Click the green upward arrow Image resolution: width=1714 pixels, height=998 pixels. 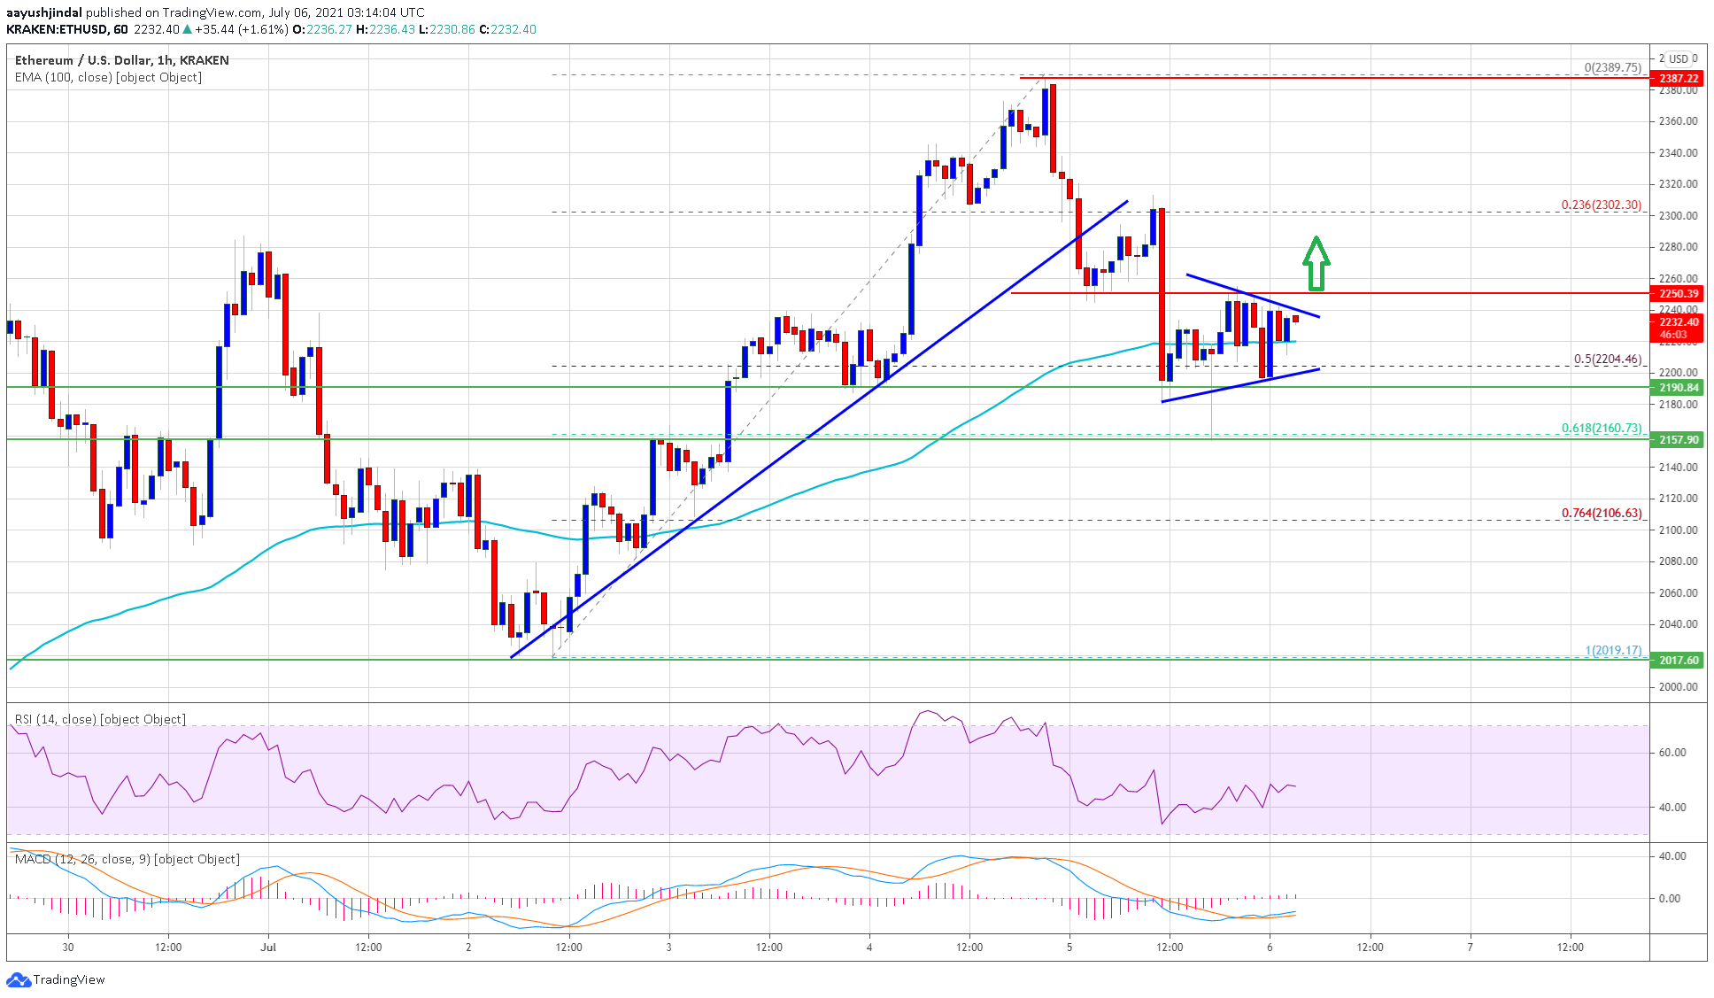point(1316,263)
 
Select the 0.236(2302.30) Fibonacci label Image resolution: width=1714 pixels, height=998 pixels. point(1601,205)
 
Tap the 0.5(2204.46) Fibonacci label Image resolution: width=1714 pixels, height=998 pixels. point(1607,360)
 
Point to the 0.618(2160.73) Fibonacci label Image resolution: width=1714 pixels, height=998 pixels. point(1601,429)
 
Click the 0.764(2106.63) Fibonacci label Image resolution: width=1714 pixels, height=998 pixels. point(1601,514)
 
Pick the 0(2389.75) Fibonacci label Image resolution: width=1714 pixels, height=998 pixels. point(1612,68)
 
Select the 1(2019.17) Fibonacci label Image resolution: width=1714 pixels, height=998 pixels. point(1613,651)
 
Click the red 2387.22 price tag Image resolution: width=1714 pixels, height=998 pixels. point(1678,79)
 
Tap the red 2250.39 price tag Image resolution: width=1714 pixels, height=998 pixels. point(1678,294)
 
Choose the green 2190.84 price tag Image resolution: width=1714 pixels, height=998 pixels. point(1678,388)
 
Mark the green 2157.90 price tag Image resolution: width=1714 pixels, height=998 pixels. point(1678,440)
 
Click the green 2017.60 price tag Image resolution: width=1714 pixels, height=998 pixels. point(1678,661)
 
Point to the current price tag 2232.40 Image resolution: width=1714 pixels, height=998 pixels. point(1678,323)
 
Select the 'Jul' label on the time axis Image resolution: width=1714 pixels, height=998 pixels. point(268,948)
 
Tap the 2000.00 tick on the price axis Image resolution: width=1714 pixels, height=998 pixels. point(1678,687)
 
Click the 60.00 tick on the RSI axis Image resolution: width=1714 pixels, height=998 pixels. point(1672,753)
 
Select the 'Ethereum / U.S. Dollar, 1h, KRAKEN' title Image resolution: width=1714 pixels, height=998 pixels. point(122,60)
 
